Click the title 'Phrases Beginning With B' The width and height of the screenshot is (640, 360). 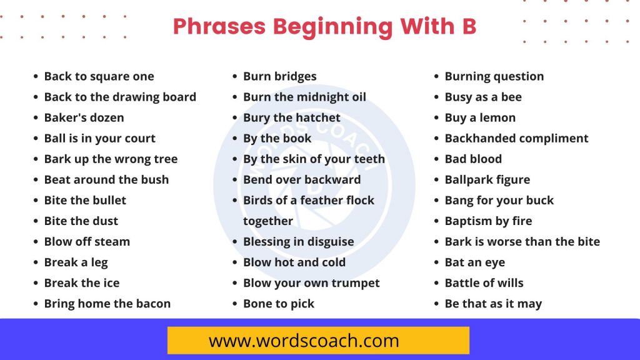(x=324, y=26)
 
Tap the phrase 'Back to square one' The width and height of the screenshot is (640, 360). (x=99, y=76)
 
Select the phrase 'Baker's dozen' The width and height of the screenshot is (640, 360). (x=84, y=117)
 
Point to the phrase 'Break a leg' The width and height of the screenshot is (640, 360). (x=76, y=262)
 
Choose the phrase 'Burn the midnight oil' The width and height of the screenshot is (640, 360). (x=304, y=97)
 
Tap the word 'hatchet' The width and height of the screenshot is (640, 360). (x=318, y=117)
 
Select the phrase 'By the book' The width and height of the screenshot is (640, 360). (x=277, y=138)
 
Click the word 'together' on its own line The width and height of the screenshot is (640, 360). (x=268, y=221)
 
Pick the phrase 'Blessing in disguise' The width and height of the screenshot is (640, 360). (x=298, y=242)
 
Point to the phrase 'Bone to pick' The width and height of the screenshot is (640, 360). (x=279, y=304)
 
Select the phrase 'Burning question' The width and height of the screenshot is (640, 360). (x=494, y=76)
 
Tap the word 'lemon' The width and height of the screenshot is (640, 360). (x=497, y=117)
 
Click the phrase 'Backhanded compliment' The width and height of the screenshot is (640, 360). (x=517, y=138)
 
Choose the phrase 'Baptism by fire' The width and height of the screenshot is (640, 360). (x=489, y=221)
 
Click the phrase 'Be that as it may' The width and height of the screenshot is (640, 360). (x=494, y=304)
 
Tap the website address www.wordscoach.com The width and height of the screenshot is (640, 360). (x=304, y=341)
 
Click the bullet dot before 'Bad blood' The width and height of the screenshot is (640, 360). (x=436, y=159)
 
